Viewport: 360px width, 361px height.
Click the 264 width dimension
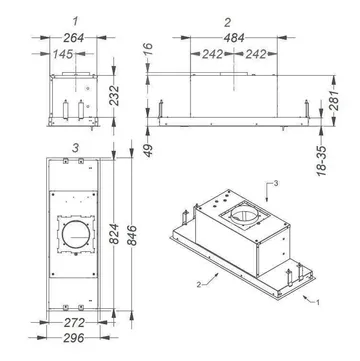point(73,38)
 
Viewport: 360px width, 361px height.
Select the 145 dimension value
point(63,54)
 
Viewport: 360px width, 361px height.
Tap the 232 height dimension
point(114,96)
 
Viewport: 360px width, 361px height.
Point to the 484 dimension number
point(234,38)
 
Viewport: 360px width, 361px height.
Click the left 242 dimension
point(212,54)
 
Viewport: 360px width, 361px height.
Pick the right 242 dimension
point(256,54)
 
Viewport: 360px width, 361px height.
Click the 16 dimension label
point(149,49)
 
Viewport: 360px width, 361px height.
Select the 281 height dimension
point(333,100)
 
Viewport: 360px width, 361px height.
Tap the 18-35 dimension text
point(322,160)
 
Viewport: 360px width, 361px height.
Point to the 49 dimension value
point(149,150)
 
